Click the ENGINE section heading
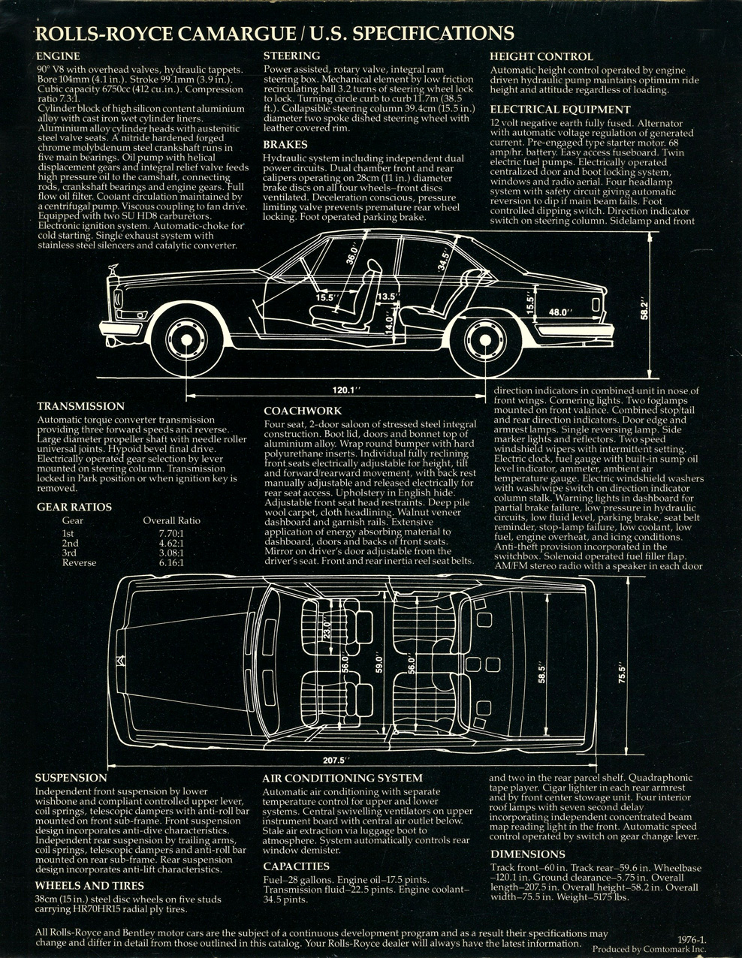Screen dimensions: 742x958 (x=58, y=56)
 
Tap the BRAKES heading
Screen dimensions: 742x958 (x=285, y=145)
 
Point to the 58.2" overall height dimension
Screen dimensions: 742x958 (x=644, y=310)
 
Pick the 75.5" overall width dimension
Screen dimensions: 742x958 (x=622, y=672)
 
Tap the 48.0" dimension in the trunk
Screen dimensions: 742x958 (x=560, y=312)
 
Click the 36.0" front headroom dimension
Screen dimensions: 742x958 (x=351, y=253)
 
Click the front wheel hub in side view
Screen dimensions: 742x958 (x=186, y=339)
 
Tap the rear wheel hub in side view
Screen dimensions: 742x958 (x=484, y=340)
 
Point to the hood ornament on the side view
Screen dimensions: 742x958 (x=115, y=270)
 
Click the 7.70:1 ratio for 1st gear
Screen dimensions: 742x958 (x=171, y=534)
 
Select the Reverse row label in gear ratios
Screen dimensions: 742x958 (x=79, y=562)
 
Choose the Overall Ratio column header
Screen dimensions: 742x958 (x=171, y=520)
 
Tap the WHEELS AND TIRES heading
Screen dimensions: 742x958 (x=89, y=886)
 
